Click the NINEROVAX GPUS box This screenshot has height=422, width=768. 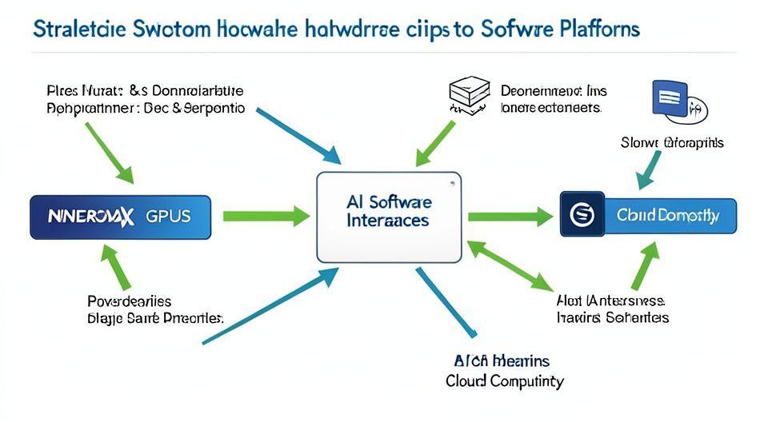pos(121,216)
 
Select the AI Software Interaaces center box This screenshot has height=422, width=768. pos(389,216)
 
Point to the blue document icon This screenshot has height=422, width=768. pos(670,100)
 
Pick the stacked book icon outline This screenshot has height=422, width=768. pos(469,95)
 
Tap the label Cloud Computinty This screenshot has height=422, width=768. pos(504,380)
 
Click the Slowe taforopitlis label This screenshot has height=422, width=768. pos(672,142)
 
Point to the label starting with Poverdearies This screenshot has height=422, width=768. pos(129,301)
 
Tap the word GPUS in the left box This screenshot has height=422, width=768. pos(169,216)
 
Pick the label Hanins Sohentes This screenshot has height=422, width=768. pos(612,317)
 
